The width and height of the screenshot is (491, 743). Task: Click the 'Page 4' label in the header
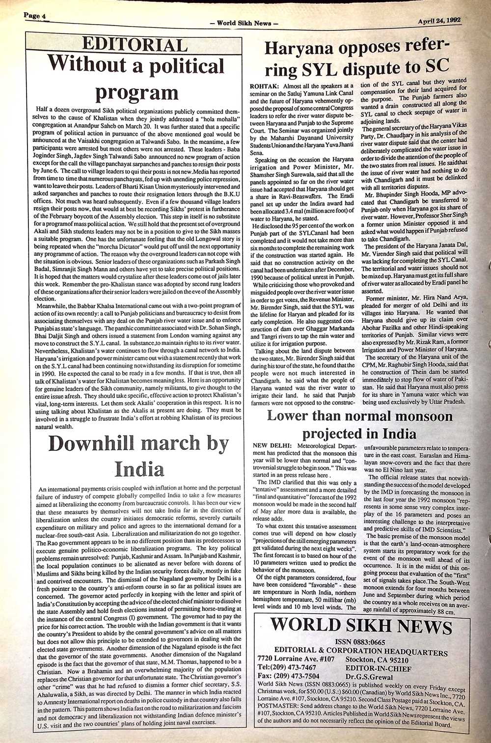tap(34, 16)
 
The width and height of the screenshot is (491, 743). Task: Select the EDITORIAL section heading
tap(135, 45)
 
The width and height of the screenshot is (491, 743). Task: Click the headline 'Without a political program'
tap(136, 79)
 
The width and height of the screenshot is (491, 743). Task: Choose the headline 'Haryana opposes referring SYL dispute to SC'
tap(356, 57)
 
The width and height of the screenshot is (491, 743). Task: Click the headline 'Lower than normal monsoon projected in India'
tap(359, 425)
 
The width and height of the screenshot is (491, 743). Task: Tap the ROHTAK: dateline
tap(266, 86)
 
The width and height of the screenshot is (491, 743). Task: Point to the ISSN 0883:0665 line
tap(360, 642)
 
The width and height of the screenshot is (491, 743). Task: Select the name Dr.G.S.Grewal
tap(368, 676)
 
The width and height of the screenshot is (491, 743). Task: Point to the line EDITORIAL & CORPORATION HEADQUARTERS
tap(361, 651)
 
